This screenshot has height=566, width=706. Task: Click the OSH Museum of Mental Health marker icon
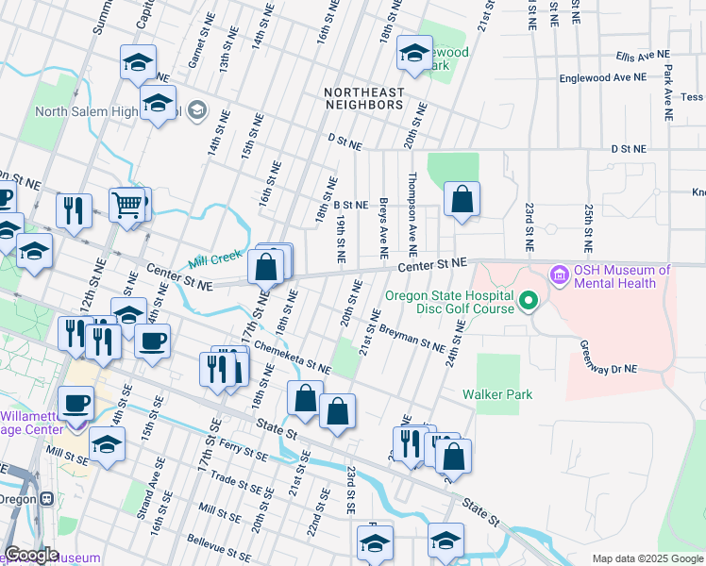pyautogui.click(x=557, y=276)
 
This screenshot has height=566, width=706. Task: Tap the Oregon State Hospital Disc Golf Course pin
pyautogui.click(x=529, y=302)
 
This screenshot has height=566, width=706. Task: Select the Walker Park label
pyautogui.click(x=497, y=395)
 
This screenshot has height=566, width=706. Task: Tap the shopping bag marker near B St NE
pyautogui.click(x=462, y=199)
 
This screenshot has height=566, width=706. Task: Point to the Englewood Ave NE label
pyautogui.click(x=598, y=79)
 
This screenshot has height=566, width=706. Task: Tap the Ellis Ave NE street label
pyautogui.click(x=642, y=57)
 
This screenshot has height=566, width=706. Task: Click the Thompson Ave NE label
pyautogui.click(x=412, y=213)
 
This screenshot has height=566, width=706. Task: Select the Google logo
pyautogui.click(x=32, y=555)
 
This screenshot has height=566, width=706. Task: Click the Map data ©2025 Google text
pyautogui.click(x=647, y=558)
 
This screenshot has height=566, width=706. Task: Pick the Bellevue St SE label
pyautogui.click(x=224, y=541)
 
